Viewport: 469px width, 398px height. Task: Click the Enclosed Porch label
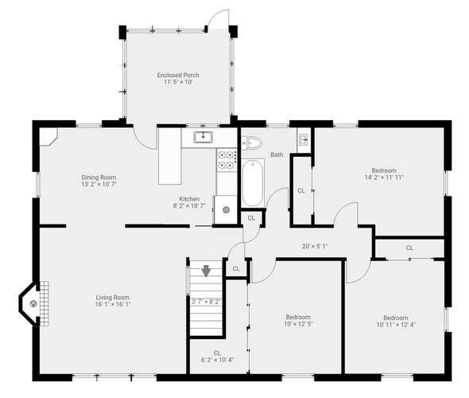pyautogui.click(x=178, y=75)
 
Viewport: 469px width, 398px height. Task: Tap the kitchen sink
pyautogui.click(x=203, y=137)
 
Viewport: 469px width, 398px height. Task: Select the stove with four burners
pyautogui.click(x=227, y=160)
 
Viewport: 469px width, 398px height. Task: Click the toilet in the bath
pyautogui.click(x=251, y=142)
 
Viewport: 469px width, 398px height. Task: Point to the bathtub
pyautogui.click(x=253, y=182)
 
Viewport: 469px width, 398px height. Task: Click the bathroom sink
pyautogui.click(x=304, y=139)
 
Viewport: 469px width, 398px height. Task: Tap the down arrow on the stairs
pyautogui.click(x=207, y=271)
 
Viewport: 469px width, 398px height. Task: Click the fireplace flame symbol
pyautogui.click(x=33, y=304)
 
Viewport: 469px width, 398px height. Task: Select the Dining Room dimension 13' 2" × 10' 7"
pyautogui.click(x=99, y=184)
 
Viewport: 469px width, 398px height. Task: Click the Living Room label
pyautogui.click(x=113, y=298)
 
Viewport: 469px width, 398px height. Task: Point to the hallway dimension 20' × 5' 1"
pyautogui.click(x=315, y=246)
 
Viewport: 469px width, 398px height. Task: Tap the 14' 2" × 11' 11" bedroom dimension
pyautogui.click(x=384, y=178)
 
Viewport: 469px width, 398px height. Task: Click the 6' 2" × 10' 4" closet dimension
pyautogui.click(x=218, y=360)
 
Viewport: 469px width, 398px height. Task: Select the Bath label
pyautogui.click(x=277, y=154)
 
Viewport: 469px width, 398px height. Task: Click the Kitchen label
pyautogui.click(x=189, y=199)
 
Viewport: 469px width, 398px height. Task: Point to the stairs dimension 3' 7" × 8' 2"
pyautogui.click(x=206, y=302)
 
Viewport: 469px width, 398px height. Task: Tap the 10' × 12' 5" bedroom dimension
pyautogui.click(x=298, y=324)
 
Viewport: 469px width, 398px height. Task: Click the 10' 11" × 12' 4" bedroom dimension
pyautogui.click(x=396, y=325)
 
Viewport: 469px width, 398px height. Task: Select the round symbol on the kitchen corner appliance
pyautogui.click(x=226, y=210)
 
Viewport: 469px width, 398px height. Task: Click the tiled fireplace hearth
pyautogui.click(x=45, y=303)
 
